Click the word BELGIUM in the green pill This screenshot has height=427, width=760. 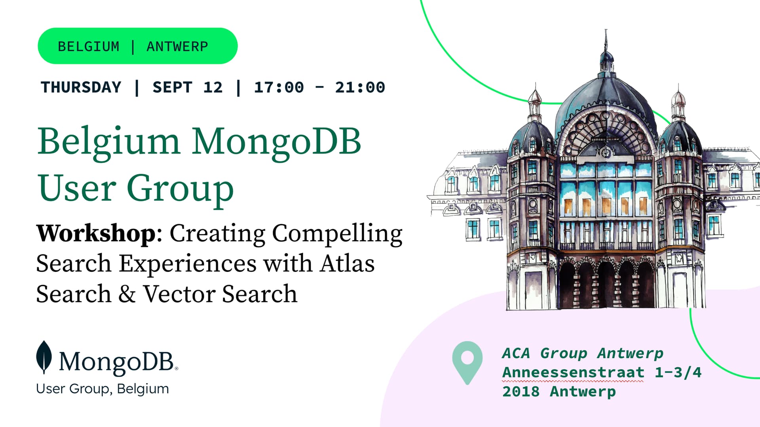click(x=89, y=47)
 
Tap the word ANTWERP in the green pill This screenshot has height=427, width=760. click(x=177, y=47)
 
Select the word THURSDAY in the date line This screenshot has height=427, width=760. click(x=81, y=87)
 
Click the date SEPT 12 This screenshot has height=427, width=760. click(x=188, y=87)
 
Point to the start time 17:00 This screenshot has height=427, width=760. click(x=279, y=87)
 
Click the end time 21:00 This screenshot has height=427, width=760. click(x=360, y=87)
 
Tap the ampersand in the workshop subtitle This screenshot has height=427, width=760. click(x=127, y=294)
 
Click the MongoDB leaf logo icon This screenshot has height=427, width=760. click(x=44, y=357)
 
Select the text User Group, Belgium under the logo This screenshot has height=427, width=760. click(x=103, y=389)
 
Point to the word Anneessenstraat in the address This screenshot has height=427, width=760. click(x=573, y=372)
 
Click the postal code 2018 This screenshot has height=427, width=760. click(x=521, y=391)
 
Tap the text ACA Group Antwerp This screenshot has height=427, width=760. click(x=583, y=353)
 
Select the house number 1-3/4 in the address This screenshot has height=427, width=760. click(x=678, y=372)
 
